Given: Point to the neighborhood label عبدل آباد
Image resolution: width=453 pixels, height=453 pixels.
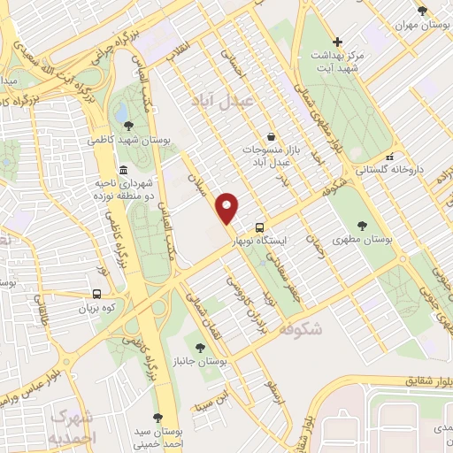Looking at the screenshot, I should click(x=221, y=101).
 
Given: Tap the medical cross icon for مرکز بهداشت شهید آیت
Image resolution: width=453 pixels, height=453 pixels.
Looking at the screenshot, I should click(x=337, y=42).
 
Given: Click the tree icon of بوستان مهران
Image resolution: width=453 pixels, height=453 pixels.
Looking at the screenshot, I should click(x=421, y=11).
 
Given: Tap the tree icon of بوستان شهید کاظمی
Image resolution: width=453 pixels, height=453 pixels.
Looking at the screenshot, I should click(x=129, y=126).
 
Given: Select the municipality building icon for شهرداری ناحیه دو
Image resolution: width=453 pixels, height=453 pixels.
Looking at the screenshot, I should click(x=122, y=168).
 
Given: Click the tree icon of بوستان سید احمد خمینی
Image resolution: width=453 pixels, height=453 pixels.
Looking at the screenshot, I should click(x=157, y=418).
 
